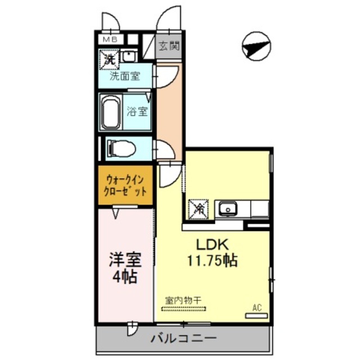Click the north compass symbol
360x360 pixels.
coord(256,46)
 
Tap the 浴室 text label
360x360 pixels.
coord(137,111)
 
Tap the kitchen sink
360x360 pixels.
coord(228,209)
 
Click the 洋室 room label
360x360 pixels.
coord(124,261)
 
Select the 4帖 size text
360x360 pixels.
coord(124,277)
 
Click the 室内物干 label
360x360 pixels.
coord(183,300)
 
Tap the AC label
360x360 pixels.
coord(257,308)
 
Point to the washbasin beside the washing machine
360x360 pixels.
coord(129,56)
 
